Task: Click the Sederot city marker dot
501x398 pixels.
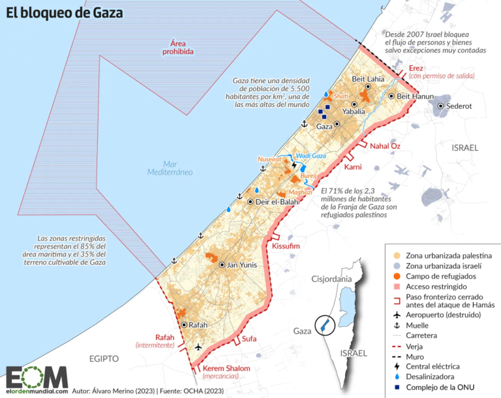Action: point(441,106)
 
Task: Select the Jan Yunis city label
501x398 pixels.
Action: point(245,265)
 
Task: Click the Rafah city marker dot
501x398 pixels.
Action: point(184,324)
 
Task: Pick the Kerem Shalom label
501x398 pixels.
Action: point(222,369)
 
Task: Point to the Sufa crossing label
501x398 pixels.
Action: point(249,339)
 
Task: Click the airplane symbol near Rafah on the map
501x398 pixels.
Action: point(198,347)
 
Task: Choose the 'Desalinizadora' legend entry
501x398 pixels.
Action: point(435,377)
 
